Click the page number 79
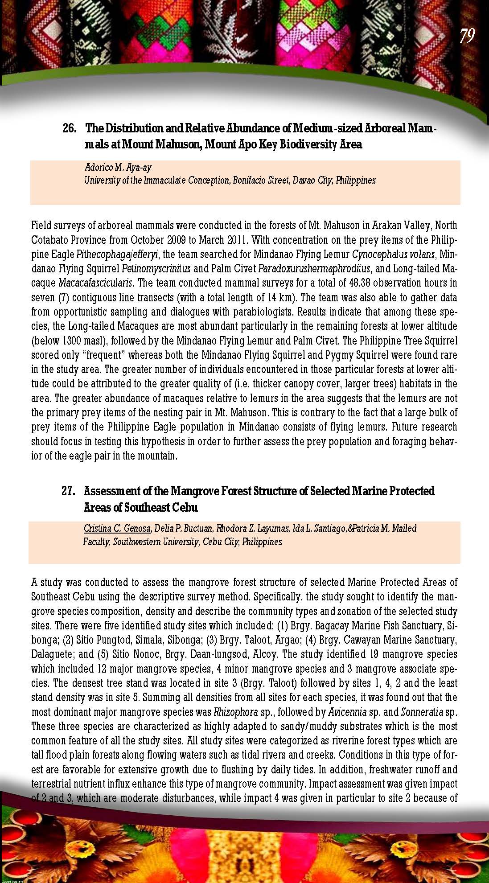coord(467,36)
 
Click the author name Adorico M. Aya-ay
coord(118,168)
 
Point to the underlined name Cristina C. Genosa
coord(117,529)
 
